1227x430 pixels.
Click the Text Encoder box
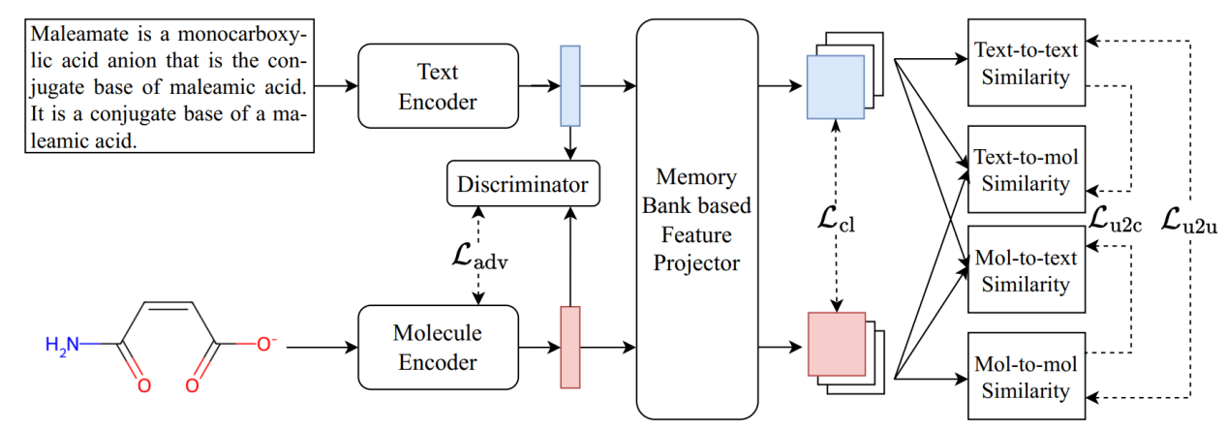click(437, 85)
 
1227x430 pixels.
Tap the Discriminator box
click(522, 183)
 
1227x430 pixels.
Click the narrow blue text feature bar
click(569, 85)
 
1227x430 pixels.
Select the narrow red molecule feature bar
click(570, 347)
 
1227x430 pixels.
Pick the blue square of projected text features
click(835, 84)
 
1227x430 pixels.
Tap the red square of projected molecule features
click(836, 344)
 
